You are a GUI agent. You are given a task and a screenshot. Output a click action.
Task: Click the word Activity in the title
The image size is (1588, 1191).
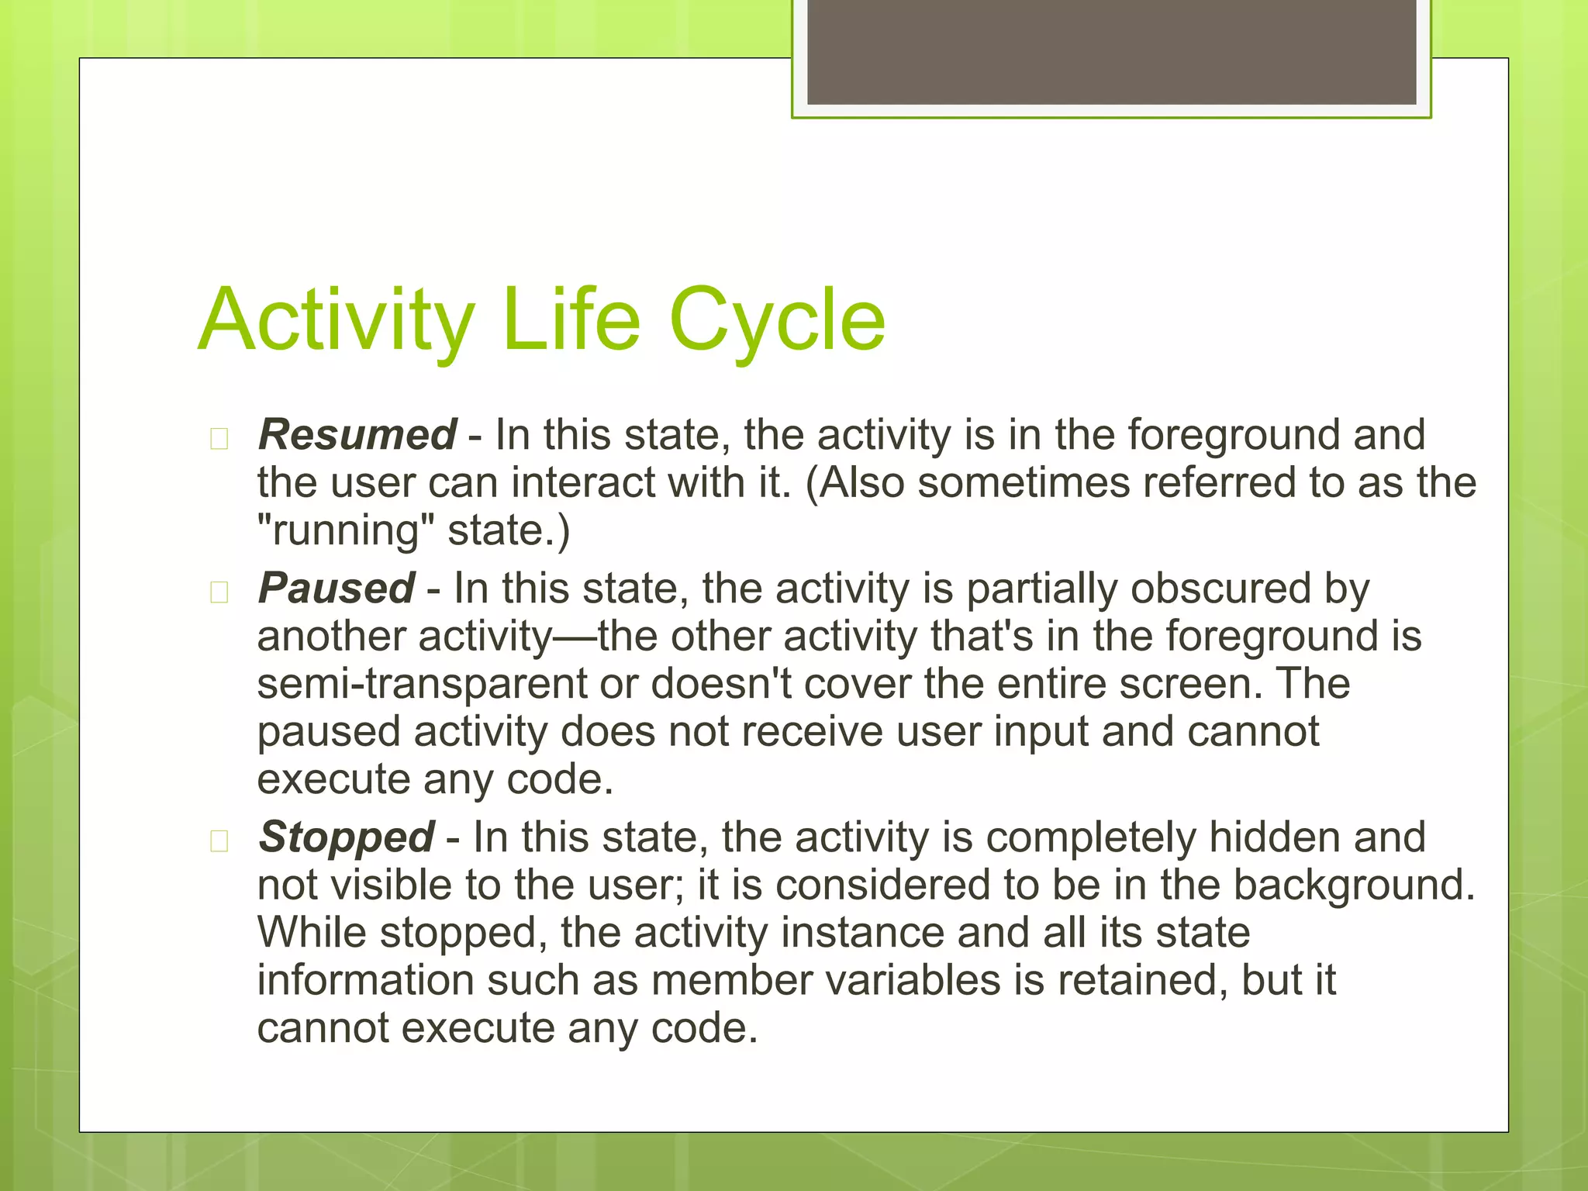click(336, 320)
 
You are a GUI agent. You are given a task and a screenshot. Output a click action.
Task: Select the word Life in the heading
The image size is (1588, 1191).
click(571, 319)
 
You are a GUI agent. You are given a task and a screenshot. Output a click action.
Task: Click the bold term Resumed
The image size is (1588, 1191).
click(357, 434)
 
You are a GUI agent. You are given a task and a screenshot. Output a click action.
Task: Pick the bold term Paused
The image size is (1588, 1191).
click(337, 589)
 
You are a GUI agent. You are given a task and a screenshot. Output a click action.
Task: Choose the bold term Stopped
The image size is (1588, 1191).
click(347, 837)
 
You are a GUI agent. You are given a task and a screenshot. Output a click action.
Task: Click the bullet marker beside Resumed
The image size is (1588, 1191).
click(219, 439)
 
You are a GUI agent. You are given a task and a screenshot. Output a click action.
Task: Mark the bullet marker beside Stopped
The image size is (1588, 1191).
click(219, 841)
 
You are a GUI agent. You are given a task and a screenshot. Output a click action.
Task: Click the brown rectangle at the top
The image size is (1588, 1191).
click(1111, 51)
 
